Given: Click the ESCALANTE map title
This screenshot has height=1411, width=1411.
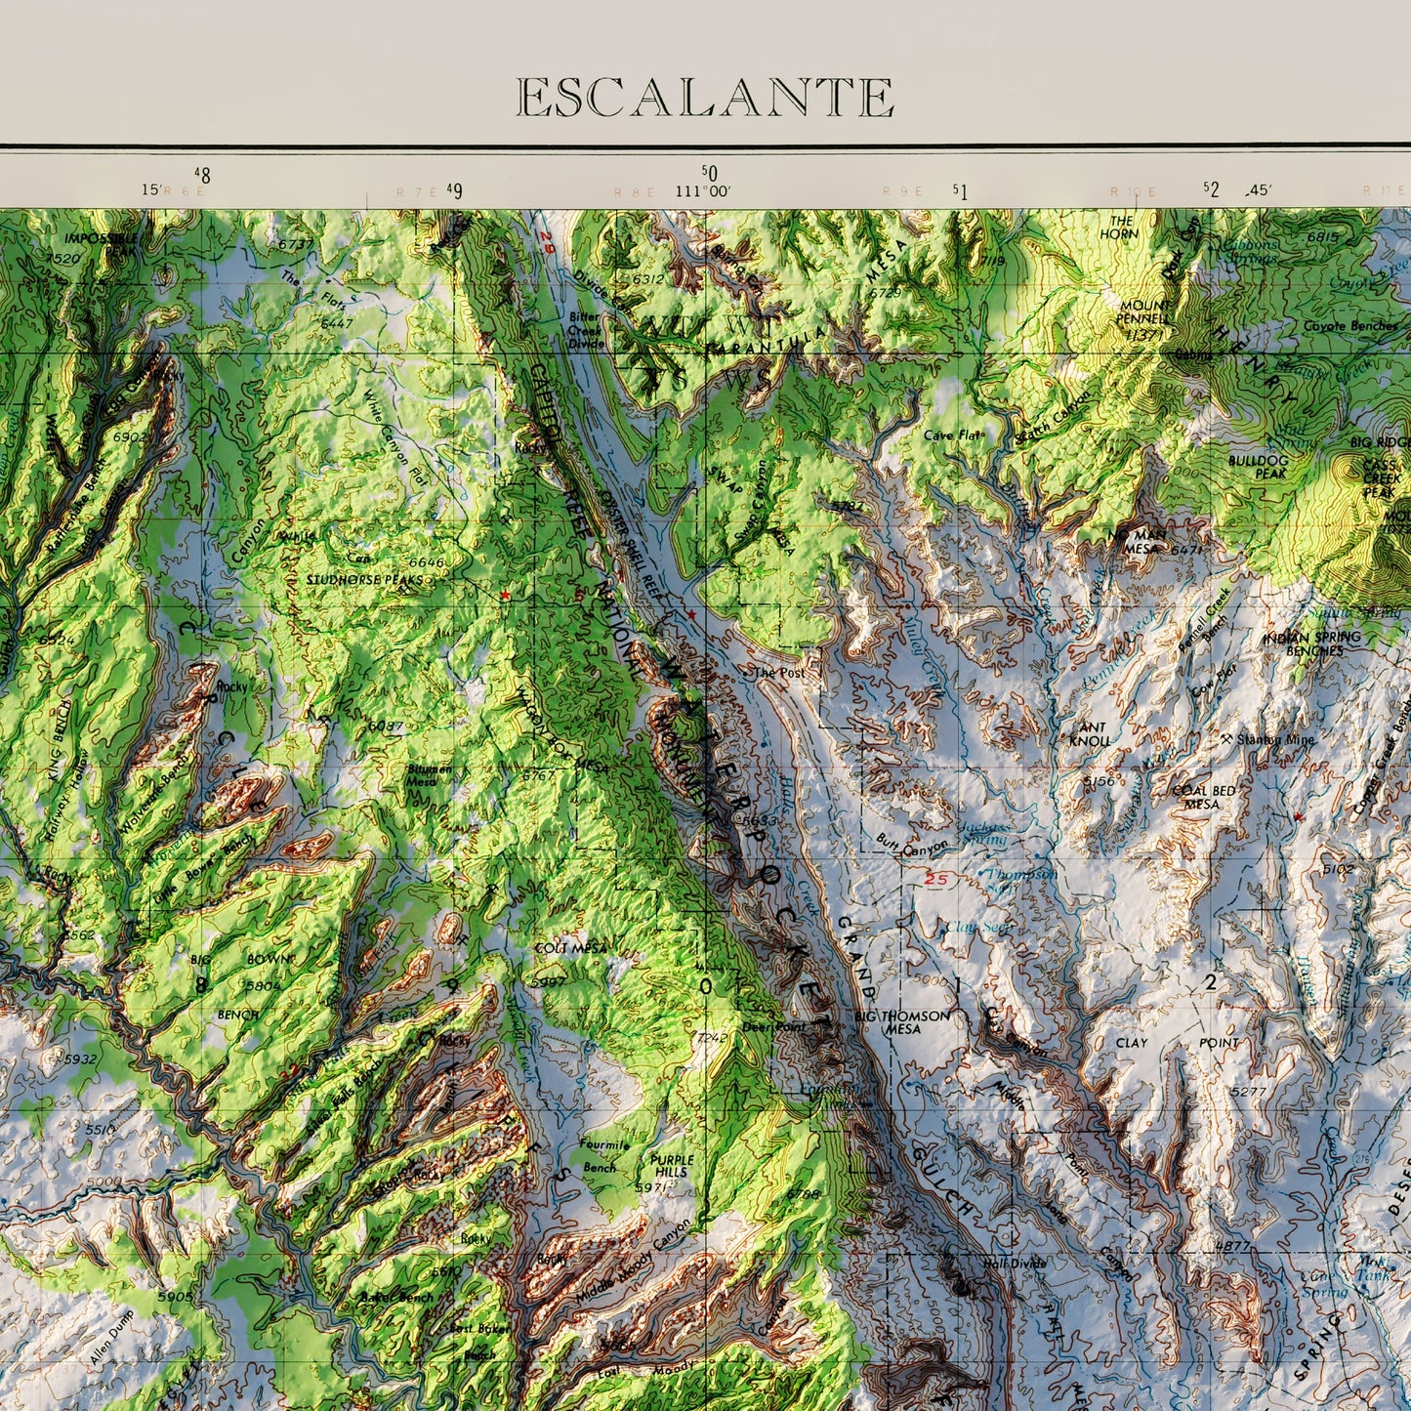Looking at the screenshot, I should click(704, 98).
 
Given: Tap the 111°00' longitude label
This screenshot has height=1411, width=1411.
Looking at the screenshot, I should click(702, 191).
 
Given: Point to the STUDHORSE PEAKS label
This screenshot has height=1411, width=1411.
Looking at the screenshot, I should click(353, 579).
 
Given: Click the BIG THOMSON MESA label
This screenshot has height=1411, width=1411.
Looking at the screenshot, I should click(901, 1021).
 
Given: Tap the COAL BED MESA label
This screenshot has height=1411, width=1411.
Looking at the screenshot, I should click(1201, 797).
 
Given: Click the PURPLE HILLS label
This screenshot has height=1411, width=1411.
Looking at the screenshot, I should click(672, 1166).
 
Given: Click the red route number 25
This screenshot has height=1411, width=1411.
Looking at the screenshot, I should click(935, 880).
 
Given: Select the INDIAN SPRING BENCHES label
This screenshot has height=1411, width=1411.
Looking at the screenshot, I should click(1311, 643).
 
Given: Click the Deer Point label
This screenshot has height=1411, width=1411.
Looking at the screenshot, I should click(768, 1026).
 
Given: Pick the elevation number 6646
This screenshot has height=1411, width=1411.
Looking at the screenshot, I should click(426, 562).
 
